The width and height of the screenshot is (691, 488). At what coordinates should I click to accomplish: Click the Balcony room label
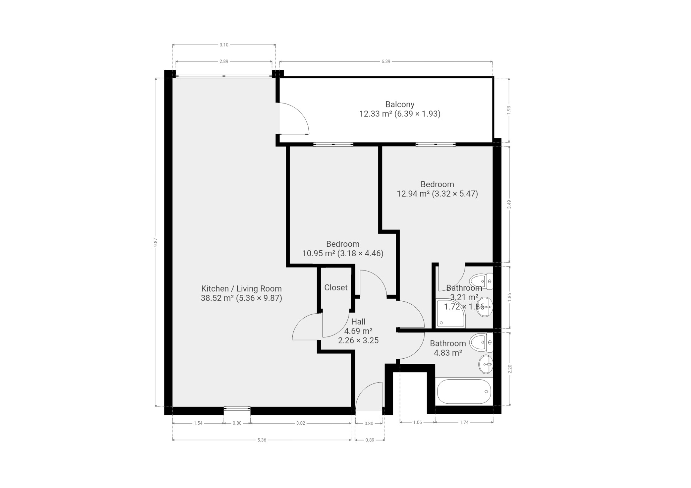point(400,104)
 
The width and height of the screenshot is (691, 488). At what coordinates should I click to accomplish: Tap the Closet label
point(336,288)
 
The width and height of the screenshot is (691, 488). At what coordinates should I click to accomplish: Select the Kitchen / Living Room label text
point(241,289)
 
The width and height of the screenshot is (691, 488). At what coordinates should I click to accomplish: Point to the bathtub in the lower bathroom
point(464,391)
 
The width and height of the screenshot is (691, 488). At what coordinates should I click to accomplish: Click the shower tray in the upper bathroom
point(451,313)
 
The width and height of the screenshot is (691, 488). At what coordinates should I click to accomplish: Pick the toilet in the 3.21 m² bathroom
point(481,281)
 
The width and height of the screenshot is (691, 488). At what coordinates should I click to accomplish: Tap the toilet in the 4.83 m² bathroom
point(481,342)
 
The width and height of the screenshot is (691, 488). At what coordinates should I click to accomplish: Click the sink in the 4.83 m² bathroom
point(485,364)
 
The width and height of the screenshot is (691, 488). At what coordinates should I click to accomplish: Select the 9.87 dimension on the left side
point(155,243)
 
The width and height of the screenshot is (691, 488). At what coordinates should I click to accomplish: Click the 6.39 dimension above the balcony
point(386,61)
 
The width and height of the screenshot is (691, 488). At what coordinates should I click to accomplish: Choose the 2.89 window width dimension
point(223,61)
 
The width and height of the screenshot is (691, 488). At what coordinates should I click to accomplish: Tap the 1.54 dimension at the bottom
point(198,423)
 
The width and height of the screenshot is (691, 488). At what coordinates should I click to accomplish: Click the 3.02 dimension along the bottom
point(301,423)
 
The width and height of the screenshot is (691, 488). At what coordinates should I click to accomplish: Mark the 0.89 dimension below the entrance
point(370,440)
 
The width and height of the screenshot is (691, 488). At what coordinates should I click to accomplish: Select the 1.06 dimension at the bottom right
point(417,422)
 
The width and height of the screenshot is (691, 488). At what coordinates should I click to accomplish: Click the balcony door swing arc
point(301,112)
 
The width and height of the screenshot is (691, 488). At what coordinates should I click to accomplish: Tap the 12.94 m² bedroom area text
point(437,194)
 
